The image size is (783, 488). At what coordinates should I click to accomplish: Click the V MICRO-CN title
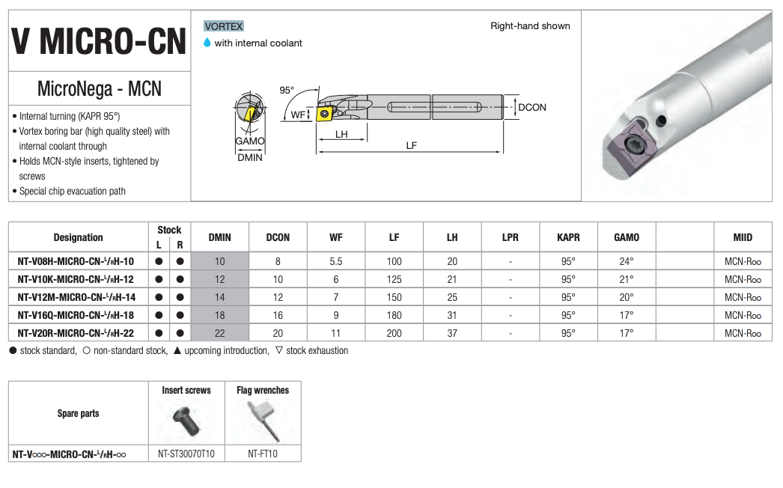tap(99, 41)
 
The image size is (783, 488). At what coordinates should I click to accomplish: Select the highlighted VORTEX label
tap(223, 26)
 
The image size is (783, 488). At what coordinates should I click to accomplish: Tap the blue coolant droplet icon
tap(207, 43)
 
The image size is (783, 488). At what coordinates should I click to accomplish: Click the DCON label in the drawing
tap(531, 107)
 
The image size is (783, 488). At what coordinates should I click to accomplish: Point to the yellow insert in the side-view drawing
tap(325, 113)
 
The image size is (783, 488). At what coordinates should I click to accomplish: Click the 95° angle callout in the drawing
tap(287, 91)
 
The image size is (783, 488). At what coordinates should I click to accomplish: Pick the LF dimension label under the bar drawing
tap(412, 145)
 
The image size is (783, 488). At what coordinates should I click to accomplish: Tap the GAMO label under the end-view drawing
tap(250, 141)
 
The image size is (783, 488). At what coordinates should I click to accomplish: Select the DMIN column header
tap(220, 237)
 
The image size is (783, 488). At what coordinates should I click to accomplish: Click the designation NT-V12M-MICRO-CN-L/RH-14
tap(76, 297)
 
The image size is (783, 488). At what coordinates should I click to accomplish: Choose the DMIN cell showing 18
tap(220, 315)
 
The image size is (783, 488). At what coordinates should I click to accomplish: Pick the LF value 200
tap(394, 333)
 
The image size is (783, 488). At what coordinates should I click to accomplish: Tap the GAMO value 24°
tap(627, 261)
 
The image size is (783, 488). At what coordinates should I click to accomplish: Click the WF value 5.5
tap(336, 261)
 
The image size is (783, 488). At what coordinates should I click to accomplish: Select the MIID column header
tap(743, 237)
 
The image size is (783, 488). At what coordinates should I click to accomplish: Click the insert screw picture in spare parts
tap(186, 421)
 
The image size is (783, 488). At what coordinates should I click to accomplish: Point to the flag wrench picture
tap(263, 421)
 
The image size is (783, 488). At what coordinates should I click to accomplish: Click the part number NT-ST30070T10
tap(186, 454)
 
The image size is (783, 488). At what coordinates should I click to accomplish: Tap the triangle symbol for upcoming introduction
tap(177, 350)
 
